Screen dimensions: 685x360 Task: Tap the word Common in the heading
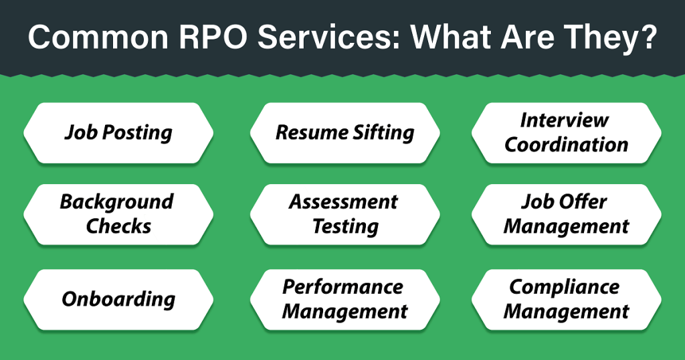coord(98,37)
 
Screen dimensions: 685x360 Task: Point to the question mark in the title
coord(649,37)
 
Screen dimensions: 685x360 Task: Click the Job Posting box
coord(118,132)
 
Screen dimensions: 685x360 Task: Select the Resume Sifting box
coord(345,132)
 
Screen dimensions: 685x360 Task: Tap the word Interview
coord(564,120)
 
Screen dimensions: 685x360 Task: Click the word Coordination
coord(566,145)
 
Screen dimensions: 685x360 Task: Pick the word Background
coord(116,203)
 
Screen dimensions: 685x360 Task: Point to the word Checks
coord(118,226)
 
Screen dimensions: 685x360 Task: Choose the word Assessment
coord(343,202)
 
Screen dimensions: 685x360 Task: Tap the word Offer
coord(581,202)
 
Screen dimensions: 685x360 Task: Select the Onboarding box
coord(118,299)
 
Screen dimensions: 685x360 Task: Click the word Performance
coord(342,287)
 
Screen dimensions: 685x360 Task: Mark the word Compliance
coord(564,288)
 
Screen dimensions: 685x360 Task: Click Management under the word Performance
coord(345,312)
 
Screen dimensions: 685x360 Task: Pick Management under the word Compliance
coord(566,312)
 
